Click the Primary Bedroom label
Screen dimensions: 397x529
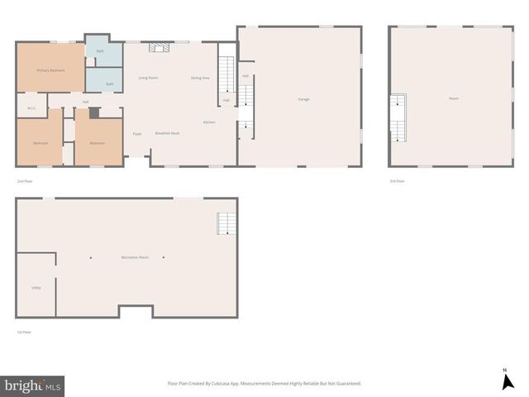pos(50,70)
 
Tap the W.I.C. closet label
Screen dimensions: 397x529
pos(31,108)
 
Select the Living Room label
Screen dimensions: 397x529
pos(148,78)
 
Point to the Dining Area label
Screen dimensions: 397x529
pos(200,78)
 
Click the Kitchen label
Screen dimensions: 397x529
pos(210,122)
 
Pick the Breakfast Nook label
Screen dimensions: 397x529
pos(167,133)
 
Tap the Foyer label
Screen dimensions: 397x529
pos(137,133)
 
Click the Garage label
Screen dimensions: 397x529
pos(303,99)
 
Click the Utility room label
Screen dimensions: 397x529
pos(36,288)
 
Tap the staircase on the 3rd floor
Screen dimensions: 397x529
pos(398,116)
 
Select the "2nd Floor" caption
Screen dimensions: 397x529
pos(24,180)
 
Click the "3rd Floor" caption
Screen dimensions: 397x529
pos(397,180)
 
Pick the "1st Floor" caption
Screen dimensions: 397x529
pos(24,332)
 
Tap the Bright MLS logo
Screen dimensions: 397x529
pos(33,385)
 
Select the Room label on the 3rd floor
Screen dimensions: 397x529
pos(454,99)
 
